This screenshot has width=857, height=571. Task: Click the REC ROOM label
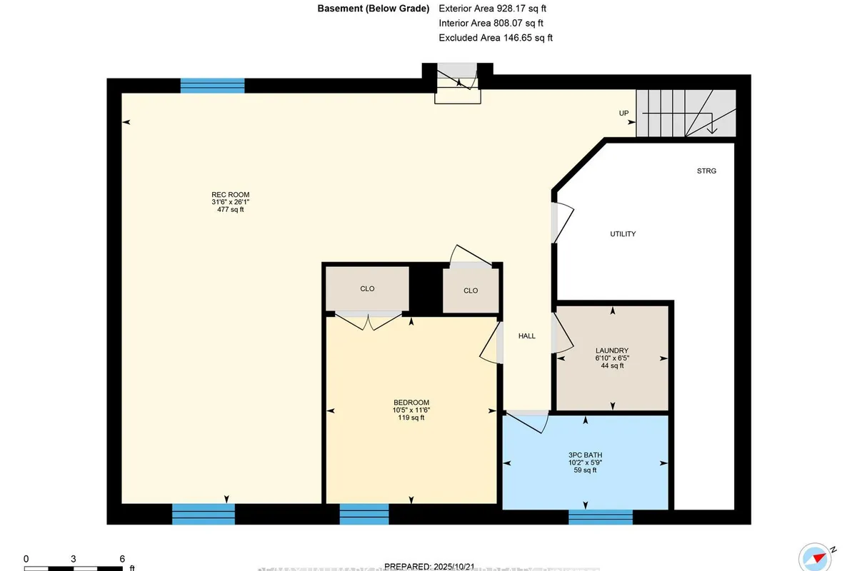click(x=230, y=195)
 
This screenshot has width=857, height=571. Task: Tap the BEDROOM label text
click(x=411, y=402)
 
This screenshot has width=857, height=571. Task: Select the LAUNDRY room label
click(x=612, y=350)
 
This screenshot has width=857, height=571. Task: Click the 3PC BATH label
click(x=586, y=454)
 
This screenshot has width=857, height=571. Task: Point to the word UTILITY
click(x=623, y=234)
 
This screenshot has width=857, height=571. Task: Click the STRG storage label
click(x=706, y=171)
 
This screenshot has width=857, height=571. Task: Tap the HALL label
click(x=526, y=336)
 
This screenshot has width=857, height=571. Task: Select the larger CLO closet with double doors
click(x=367, y=289)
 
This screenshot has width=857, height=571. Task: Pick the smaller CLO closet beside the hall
click(x=470, y=290)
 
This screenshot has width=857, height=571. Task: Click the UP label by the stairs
click(x=623, y=114)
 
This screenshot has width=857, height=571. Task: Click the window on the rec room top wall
click(x=212, y=86)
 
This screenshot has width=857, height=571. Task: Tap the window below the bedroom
click(x=364, y=514)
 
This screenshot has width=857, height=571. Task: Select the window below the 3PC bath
click(x=600, y=517)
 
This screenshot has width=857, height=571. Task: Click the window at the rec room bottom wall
click(x=204, y=514)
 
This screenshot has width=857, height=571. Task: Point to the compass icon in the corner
click(x=819, y=556)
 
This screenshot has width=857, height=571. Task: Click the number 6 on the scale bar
click(x=122, y=559)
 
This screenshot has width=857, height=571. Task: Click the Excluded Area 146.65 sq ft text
click(x=496, y=38)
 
